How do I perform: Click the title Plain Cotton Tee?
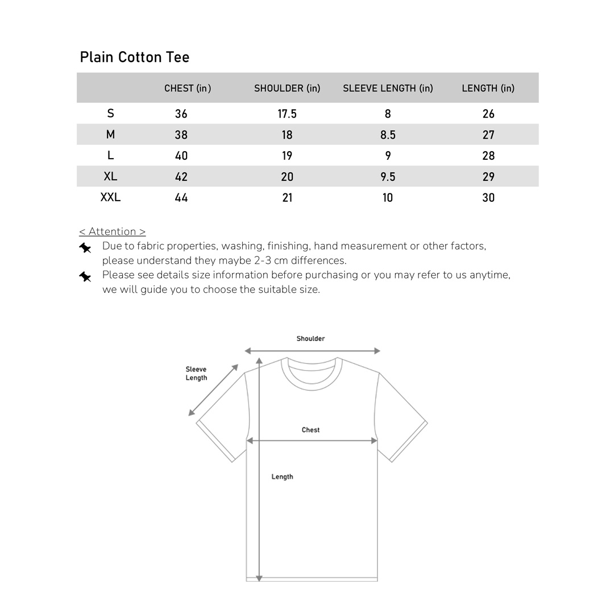click(135, 57)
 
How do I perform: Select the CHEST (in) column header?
click(188, 88)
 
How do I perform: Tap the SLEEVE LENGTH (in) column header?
click(388, 88)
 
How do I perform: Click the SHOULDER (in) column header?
click(287, 88)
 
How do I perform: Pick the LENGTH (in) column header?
click(488, 88)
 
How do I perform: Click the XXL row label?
click(110, 197)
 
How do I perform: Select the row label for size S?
click(110, 114)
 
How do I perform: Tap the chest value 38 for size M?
click(181, 135)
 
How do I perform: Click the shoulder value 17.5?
click(287, 114)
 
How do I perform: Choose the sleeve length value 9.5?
click(388, 177)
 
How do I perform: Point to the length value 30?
click(488, 198)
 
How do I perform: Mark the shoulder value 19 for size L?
click(287, 156)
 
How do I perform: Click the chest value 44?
click(181, 198)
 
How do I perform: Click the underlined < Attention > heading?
click(113, 231)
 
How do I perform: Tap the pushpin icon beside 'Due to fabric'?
click(85, 248)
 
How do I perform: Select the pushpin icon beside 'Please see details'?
click(85, 277)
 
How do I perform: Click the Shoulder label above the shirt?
click(310, 339)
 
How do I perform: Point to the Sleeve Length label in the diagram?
click(196, 374)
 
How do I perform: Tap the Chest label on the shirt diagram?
click(310, 430)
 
